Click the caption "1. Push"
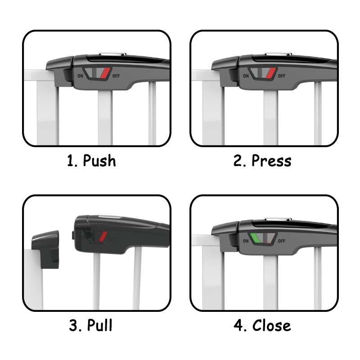pos(91,161)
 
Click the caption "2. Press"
pos(262,161)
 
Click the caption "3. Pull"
pos(91,325)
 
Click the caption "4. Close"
pos(262,325)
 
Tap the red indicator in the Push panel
pos(105,72)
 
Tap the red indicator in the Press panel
pos(271,72)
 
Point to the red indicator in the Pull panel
pos(103,237)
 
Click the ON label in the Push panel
pos(81,76)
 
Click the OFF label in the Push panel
pos(116,76)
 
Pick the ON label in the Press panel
pos(246,76)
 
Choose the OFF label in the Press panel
pos(282,76)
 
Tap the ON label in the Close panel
pos(246,241)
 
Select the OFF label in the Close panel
pos(282,241)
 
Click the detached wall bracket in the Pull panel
pos(45,249)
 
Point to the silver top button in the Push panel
pos(112,54)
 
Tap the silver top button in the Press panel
pos(278,54)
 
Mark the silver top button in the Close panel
pos(278,220)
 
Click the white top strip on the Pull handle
pos(109,216)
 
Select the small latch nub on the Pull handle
pos(73,235)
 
